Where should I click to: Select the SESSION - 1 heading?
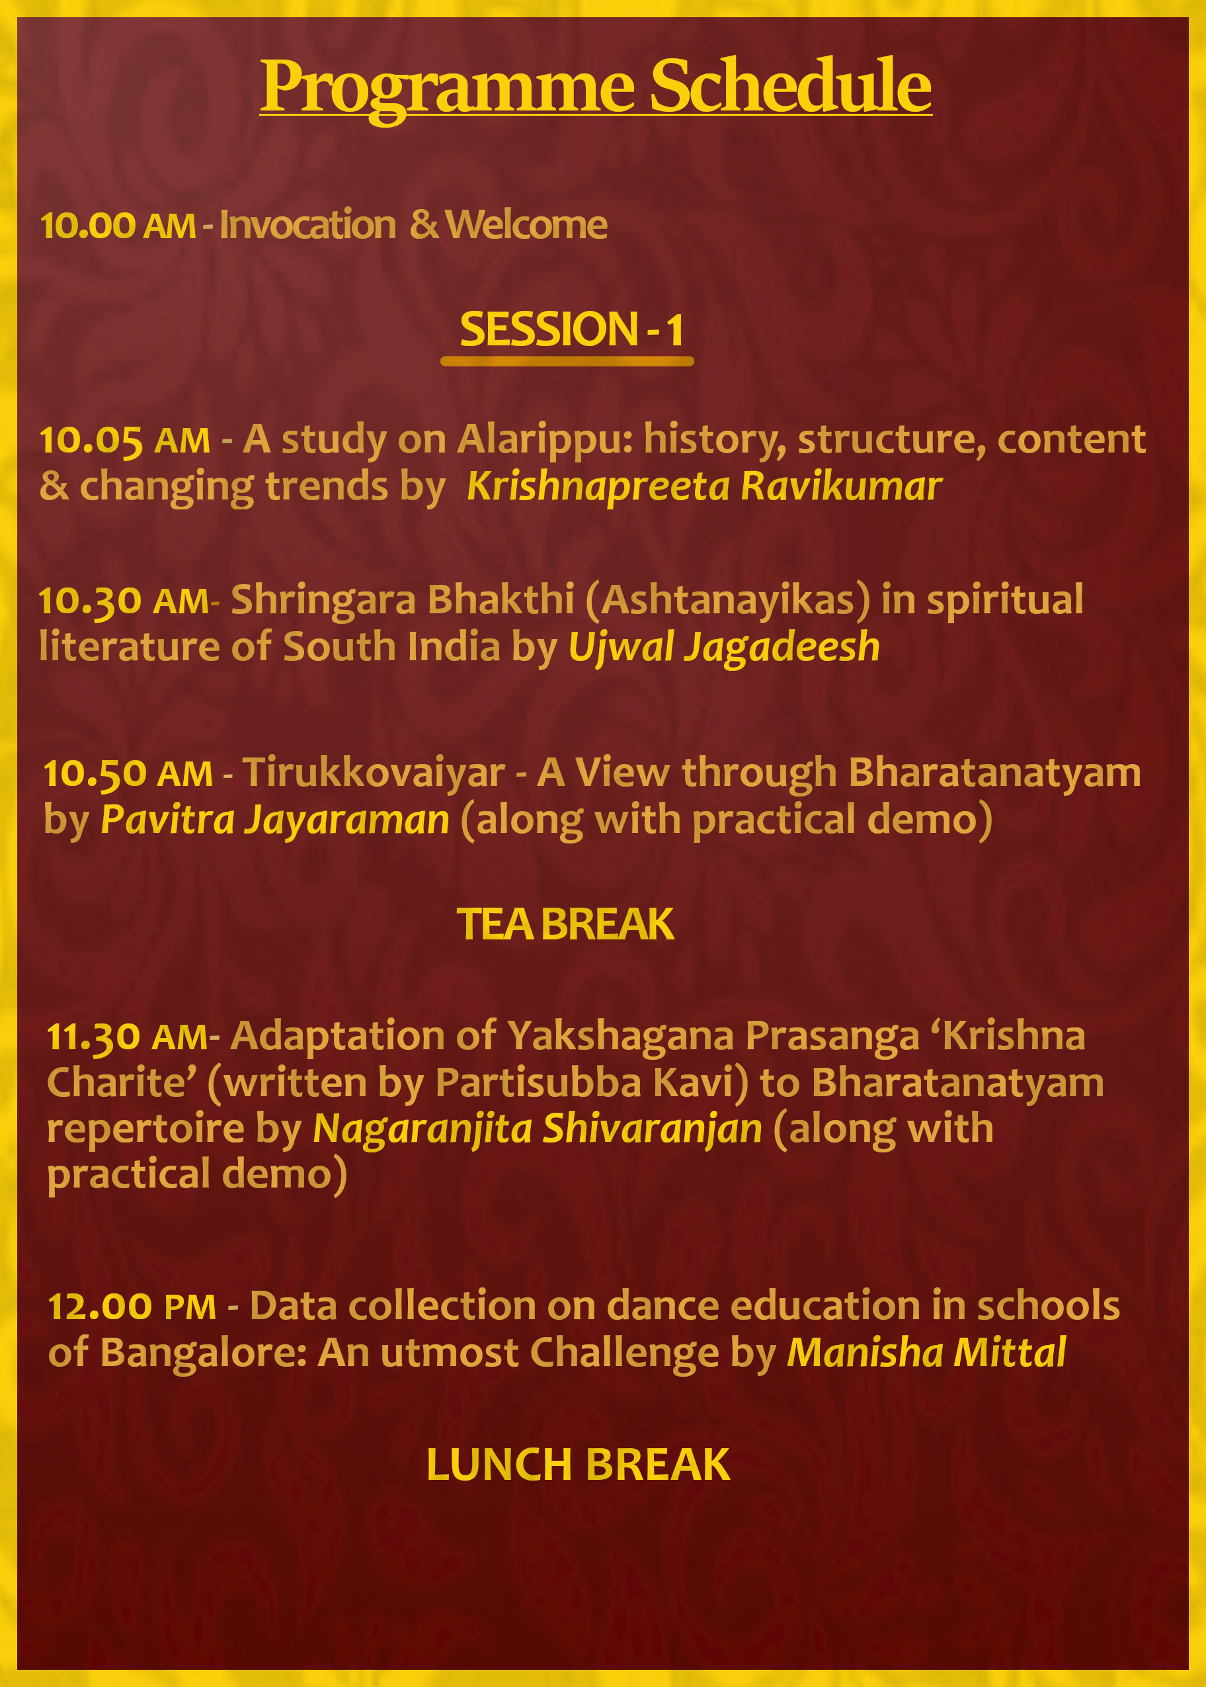coord(572,329)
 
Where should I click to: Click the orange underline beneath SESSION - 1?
coord(567,361)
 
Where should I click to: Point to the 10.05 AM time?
coord(125,440)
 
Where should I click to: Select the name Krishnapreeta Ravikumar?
coord(704,488)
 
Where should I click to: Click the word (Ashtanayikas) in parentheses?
coord(728,600)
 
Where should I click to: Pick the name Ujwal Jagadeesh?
coord(724,647)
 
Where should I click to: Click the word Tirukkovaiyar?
coord(374,773)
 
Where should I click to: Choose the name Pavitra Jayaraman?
coord(275,820)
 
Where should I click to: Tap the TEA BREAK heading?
coord(565,924)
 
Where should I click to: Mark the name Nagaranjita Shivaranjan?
coord(538,1129)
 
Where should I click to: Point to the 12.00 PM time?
coord(132,1307)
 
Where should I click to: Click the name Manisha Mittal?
coord(927,1353)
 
